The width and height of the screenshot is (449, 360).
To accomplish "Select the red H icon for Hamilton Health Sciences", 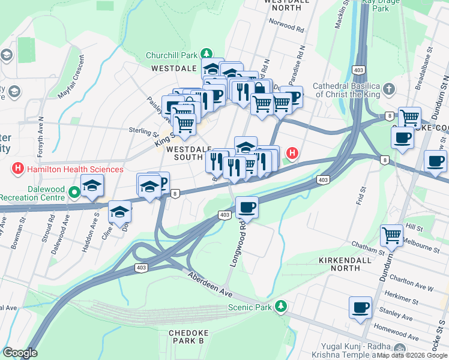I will (x=19, y=169).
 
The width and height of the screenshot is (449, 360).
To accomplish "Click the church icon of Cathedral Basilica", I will (x=389, y=90).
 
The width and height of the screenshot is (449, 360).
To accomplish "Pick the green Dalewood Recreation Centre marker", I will (x=74, y=193).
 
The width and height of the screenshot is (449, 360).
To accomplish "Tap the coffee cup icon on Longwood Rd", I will (x=247, y=208).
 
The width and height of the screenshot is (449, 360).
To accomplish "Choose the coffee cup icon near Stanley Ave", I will (x=360, y=307).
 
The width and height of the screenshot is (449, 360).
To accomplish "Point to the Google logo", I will (x=20, y=353).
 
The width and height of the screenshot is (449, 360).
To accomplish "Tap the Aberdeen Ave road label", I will (x=209, y=283).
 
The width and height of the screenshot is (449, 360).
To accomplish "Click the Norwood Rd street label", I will (x=286, y=26).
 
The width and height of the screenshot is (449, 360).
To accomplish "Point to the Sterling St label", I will (x=143, y=131).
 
